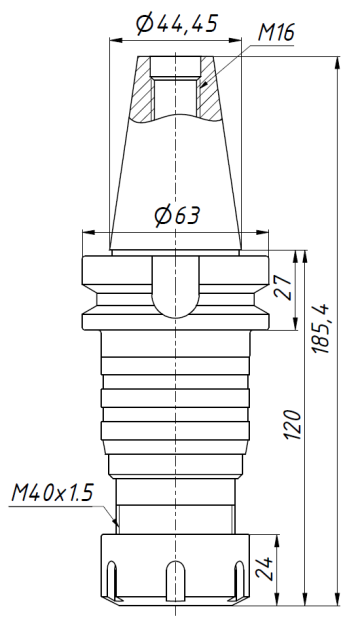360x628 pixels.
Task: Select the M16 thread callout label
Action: click(276, 34)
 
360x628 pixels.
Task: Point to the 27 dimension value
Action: click(282, 290)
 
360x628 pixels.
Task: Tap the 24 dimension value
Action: click(266, 569)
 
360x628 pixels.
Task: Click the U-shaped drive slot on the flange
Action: click(176, 286)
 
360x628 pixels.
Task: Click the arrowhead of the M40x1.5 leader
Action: click(116, 523)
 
